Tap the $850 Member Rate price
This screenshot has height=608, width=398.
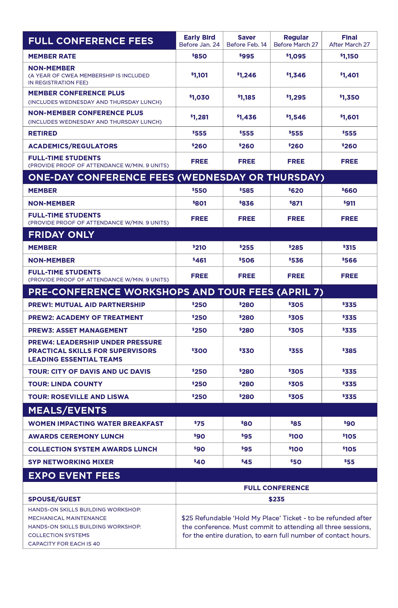pyautogui.click(x=199, y=56)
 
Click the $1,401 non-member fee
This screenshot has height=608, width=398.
pyautogui.click(x=349, y=75)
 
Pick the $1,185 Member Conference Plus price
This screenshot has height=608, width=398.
pyautogui.click(x=246, y=97)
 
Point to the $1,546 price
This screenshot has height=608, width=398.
pyautogui.click(x=296, y=117)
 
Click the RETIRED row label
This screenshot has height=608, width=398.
pyautogui.click(x=43, y=133)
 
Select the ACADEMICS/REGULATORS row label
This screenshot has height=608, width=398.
pyautogui.click(x=73, y=146)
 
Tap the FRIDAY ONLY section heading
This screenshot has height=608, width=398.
pyautogui.click(x=61, y=235)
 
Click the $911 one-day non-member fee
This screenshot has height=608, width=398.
pyautogui.click(x=349, y=203)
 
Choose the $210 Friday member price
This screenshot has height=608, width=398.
pyautogui.click(x=199, y=248)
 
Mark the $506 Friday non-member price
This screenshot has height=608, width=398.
pyautogui.click(x=246, y=260)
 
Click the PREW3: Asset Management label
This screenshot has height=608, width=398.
pyautogui.click(x=78, y=331)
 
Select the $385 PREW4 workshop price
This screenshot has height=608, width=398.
pyautogui.click(x=349, y=351)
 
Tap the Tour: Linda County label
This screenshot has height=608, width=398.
pyautogui.click(x=65, y=384)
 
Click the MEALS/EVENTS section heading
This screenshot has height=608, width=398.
pyautogui.click(x=67, y=410)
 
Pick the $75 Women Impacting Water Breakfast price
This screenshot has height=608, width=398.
pyautogui.click(x=199, y=424)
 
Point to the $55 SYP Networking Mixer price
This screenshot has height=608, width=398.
pyautogui.click(x=349, y=462)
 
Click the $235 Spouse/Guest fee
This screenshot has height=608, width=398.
pyautogui.click(x=276, y=499)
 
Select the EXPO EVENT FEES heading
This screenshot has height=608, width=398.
pyautogui.click(x=74, y=475)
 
